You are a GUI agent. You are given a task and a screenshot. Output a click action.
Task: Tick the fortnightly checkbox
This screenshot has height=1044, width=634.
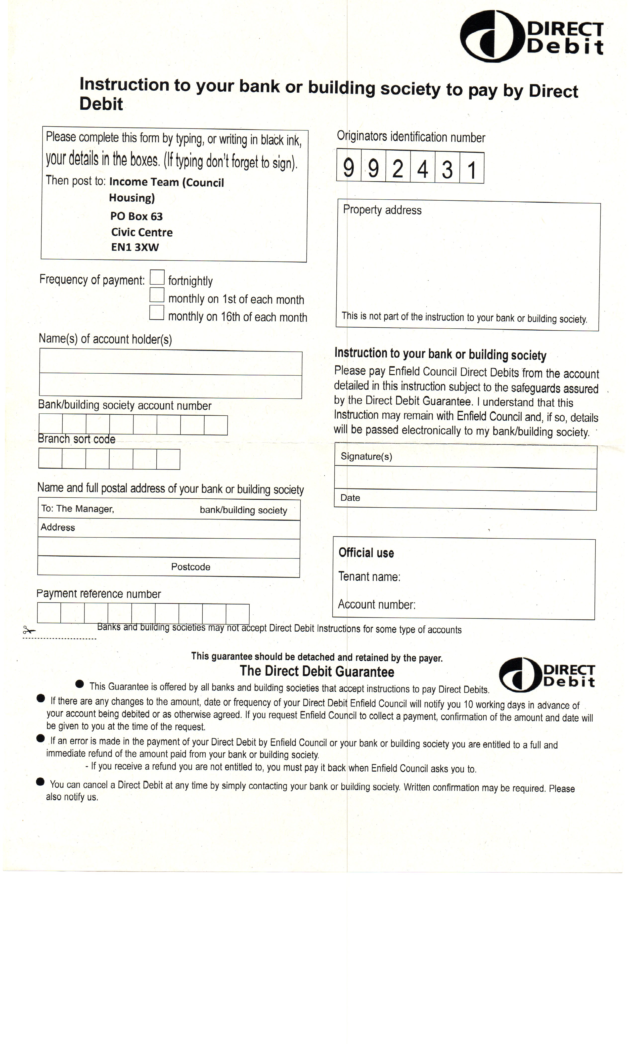pyautogui.click(x=157, y=277)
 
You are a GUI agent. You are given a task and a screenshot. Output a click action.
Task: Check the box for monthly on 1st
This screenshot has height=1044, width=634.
pyautogui.click(x=157, y=295)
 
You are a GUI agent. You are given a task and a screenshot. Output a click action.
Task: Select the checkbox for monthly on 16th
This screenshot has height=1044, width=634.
pyautogui.click(x=157, y=313)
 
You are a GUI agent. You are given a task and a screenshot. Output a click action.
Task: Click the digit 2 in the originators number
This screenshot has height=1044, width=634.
pyautogui.click(x=398, y=169)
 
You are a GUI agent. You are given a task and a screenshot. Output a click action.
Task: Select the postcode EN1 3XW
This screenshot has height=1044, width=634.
pyautogui.click(x=135, y=247)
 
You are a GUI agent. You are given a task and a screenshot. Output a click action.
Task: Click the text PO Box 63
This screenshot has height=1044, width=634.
pyautogui.click(x=136, y=216)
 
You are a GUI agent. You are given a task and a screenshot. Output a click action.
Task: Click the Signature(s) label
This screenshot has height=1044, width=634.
pyautogui.click(x=366, y=456)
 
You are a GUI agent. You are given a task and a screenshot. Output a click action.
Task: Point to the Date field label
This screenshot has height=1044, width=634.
pyautogui.click(x=350, y=498)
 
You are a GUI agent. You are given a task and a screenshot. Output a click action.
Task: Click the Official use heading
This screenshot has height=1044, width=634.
pyautogui.click(x=366, y=553)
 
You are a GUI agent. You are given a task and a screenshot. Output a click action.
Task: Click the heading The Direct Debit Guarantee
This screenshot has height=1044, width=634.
pyautogui.click(x=317, y=672)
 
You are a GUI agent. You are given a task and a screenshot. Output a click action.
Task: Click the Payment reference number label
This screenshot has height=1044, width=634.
pyautogui.click(x=99, y=594)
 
